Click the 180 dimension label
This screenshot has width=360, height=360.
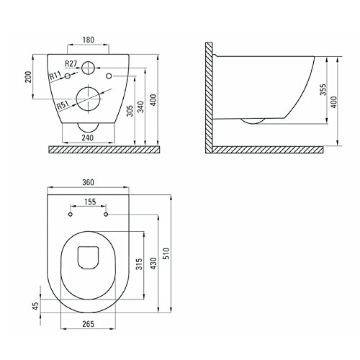pyautogui.click(x=89, y=40)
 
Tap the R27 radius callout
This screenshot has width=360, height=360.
pyautogui.click(x=71, y=63)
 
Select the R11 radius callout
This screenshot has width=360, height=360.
pyautogui.click(x=55, y=76)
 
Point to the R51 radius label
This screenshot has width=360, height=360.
pyautogui.click(x=63, y=105)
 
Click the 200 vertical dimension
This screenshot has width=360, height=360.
pyautogui.click(x=28, y=77)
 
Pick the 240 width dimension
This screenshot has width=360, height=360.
pyautogui.click(x=88, y=138)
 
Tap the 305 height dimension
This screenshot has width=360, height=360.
pyautogui.click(x=130, y=111)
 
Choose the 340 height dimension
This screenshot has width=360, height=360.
pyautogui.click(x=140, y=107)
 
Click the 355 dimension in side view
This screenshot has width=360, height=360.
pyautogui.click(x=323, y=90)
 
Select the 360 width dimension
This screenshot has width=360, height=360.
pyautogui.click(x=88, y=182)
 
